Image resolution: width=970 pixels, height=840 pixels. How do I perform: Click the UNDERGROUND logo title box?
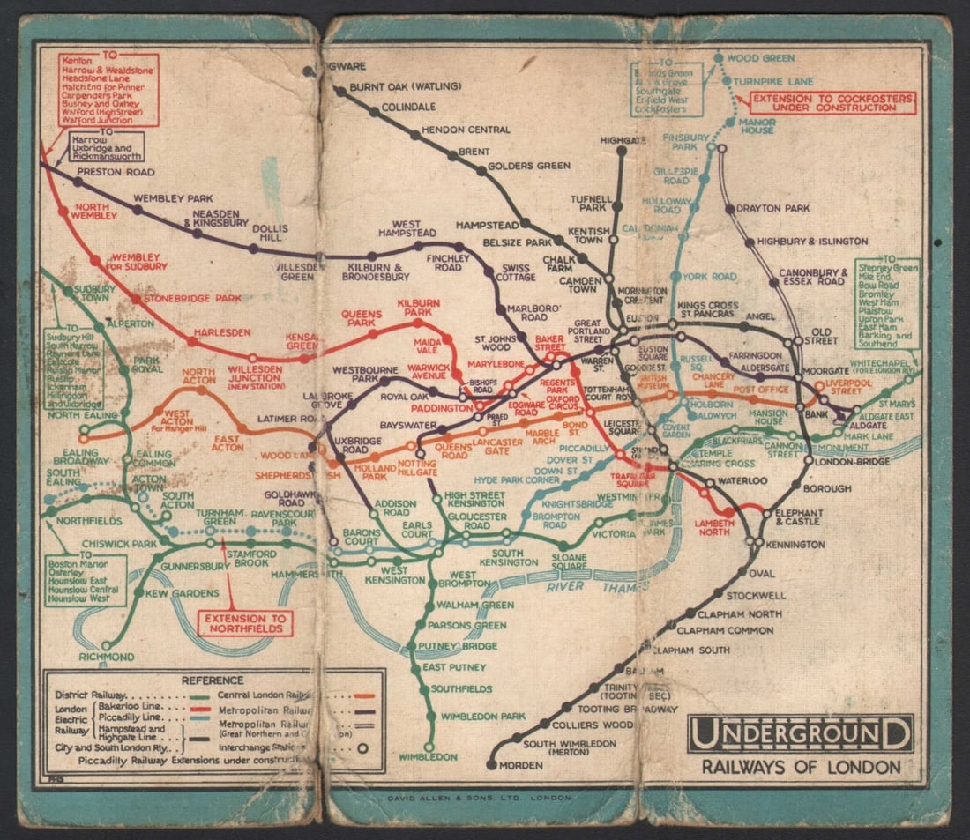800,734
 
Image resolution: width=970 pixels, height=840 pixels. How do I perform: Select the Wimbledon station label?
428,757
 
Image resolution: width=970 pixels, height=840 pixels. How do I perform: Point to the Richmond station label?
107,658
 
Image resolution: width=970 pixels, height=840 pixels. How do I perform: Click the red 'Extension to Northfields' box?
243,624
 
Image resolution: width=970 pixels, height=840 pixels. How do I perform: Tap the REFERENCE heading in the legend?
212,680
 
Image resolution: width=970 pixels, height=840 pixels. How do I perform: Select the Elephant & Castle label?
799,517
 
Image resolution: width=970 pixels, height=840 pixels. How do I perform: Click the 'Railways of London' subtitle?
801,767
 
